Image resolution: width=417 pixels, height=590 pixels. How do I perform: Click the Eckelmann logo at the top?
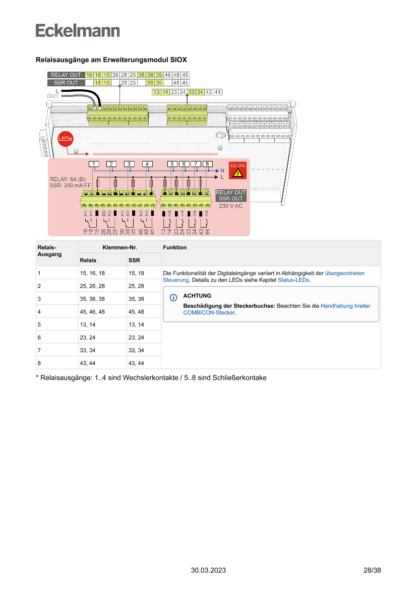[x=78, y=30]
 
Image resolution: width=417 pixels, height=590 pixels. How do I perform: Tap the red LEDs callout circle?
[x=66, y=139]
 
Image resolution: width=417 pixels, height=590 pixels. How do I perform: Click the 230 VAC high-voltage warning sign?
[x=237, y=171]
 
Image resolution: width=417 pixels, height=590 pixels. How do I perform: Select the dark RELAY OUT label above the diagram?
[x=66, y=75]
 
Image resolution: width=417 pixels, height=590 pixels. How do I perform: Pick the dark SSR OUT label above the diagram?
[x=66, y=82]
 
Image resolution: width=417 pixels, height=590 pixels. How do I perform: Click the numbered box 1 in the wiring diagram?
[x=93, y=164]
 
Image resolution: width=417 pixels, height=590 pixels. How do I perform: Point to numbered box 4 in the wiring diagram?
[x=147, y=164]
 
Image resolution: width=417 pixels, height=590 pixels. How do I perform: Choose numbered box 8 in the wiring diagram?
[x=208, y=164]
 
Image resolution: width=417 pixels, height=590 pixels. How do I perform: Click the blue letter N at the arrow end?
[x=222, y=171]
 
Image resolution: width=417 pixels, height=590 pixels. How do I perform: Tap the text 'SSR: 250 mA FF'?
[x=70, y=185]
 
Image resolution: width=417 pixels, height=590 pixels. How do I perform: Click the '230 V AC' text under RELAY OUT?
[x=231, y=206]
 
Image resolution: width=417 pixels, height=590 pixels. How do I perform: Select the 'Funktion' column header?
[x=174, y=247]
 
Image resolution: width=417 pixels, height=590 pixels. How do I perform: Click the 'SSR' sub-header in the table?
[x=134, y=260]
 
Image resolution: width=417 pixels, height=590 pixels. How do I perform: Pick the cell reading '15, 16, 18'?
[x=92, y=273]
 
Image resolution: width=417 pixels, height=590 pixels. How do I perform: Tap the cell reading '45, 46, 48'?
[x=92, y=311]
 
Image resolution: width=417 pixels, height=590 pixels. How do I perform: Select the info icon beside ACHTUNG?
[x=173, y=296]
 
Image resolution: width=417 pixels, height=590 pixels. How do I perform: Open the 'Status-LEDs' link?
[x=293, y=280]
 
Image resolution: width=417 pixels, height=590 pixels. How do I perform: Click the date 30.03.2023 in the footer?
[x=208, y=570]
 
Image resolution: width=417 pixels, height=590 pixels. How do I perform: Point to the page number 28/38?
[x=372, y=570]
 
